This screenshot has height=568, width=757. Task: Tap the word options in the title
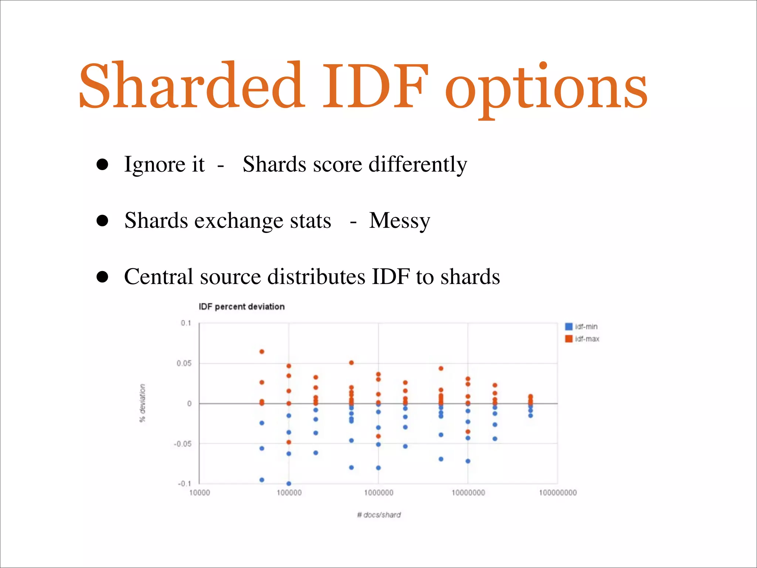pyautogui.click(x=546, y=89)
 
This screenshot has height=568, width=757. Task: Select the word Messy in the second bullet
pyautogui.click(x=400, y=221)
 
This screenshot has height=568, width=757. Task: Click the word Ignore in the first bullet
pyautogui.click(x=155, y=165)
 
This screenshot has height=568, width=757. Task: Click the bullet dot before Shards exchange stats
pyautogui.click(x=102, y=221)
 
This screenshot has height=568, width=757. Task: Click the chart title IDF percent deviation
pyautogui.click(x=241, y=307)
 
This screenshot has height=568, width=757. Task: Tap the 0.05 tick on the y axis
pyautogui.click(x=184, y=364)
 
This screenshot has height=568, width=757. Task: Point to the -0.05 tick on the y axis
pyautogui.click(x=183, y=444)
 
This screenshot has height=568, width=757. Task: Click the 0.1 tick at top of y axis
pyautogui.click(x=186, y=323)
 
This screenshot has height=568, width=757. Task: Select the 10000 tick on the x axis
pyautogui.click(x=200, y=493)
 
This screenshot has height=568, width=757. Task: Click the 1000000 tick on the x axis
pyautogui.click(x=378, y=493)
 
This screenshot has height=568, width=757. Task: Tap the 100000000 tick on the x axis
pyautogui.click(x=557, y=493)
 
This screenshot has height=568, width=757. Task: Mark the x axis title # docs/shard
pyautogui.click(x=379, y=515)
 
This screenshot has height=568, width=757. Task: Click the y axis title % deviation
pyautogui.click(x=142, y=403)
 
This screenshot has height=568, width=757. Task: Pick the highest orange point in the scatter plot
pyautogui.click(x=262, y=352)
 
